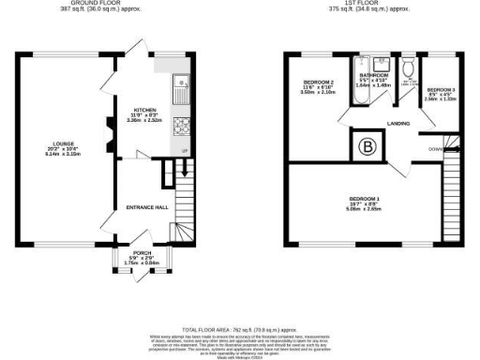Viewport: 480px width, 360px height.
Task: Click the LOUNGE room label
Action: [x=62, y=143]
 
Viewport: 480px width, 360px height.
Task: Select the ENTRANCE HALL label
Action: [x=133, y=206]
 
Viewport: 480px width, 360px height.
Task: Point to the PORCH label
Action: [x=142, y=254]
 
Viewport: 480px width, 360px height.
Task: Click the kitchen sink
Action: [x=179, y=89]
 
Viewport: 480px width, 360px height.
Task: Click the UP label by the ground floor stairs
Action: [x=184, y=151]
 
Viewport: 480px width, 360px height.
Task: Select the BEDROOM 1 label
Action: [x=364, y=200]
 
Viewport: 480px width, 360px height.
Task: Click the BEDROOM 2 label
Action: [x=317, y=82]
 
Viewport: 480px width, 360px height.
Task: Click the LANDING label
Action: [x=398, y=122]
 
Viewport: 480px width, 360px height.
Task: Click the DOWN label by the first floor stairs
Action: [x=435, y=148]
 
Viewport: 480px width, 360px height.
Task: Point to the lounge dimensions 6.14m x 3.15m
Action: [x=62, y=154]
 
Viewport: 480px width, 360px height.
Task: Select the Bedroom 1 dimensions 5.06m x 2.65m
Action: [x=364, y=209]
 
